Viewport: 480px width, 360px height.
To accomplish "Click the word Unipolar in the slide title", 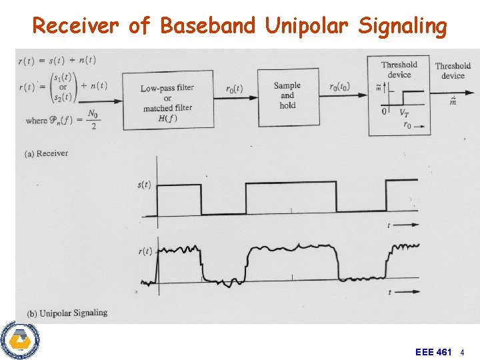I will coord(307,26).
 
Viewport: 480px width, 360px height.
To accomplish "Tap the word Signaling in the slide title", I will coord(402,26).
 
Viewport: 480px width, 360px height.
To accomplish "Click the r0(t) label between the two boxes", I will coord(234,89).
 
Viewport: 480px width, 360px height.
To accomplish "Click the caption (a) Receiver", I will coord(46,153).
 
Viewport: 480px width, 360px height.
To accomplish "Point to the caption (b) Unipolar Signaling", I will coord(66,313).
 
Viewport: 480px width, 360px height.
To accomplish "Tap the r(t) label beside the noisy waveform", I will coord(145,251).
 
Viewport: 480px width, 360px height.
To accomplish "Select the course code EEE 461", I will coord(433,351).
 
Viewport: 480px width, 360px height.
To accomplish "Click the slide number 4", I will coord(463,351).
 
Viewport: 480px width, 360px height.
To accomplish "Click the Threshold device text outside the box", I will coord(453,70).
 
